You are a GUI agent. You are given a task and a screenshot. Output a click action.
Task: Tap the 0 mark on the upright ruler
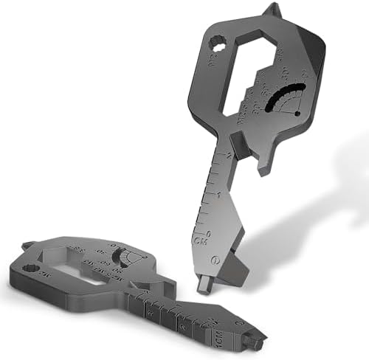pyautogui.click(x=212, y=231)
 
